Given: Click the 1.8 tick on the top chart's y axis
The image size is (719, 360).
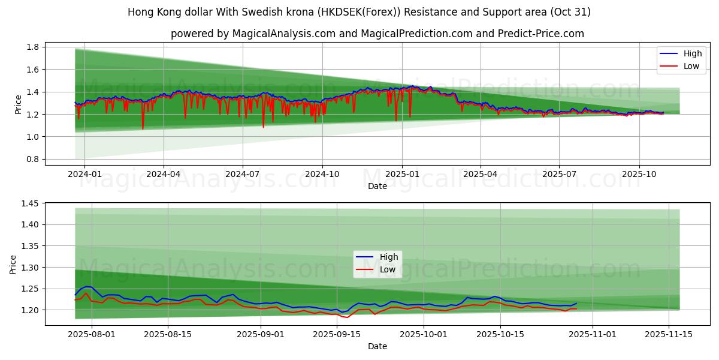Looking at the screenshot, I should [33, 47].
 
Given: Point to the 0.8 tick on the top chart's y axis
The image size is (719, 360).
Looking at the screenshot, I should [33, 159].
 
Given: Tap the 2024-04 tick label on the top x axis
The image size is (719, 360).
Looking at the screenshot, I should [164, 174].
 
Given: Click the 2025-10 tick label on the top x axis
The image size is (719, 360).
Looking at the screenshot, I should [639, 174].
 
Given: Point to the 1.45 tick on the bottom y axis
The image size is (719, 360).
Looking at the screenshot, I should [31, 203].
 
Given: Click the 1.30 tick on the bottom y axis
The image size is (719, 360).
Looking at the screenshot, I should [31, 267].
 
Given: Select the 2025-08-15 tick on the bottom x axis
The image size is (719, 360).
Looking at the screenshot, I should [168, 334].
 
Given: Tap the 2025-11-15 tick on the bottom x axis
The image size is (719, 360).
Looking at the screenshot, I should [669, 334].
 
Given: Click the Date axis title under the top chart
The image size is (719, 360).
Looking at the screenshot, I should [377, 186].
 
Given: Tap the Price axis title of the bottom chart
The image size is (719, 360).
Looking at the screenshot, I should [13, 264].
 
